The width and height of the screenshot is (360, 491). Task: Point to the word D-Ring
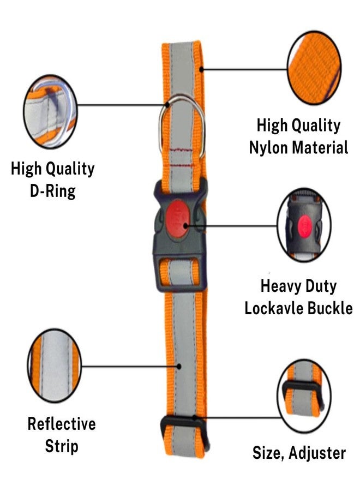coord(52,191)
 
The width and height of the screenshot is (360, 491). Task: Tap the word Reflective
coord(62,424)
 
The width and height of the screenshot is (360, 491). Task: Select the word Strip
coord(62,446)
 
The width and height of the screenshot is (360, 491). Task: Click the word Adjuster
coord(318,452)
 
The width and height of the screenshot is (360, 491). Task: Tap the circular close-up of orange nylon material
coord(314,68)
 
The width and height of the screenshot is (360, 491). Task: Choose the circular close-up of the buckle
coord(304,225)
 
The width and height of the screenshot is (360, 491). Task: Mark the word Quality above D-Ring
coord(69,169)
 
